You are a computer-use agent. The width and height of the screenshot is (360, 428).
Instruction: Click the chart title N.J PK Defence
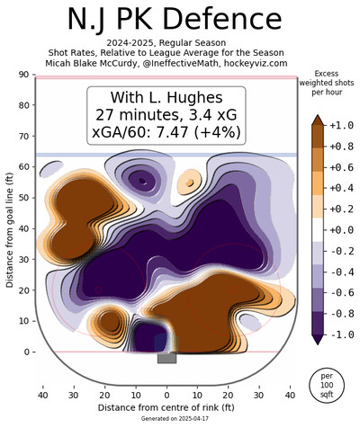click(x=175, y=19)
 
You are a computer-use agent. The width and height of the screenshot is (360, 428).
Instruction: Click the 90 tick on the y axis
click(x=27, y=75)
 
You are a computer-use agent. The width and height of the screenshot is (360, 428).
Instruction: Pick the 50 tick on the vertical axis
click(x=27, y=198)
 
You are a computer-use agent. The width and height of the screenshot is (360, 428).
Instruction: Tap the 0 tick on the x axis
click(x=166, y=396)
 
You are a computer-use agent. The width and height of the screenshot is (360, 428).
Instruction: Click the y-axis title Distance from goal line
click(x=10, y=230)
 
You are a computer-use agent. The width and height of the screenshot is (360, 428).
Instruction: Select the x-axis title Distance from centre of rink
click(x=166, y=407)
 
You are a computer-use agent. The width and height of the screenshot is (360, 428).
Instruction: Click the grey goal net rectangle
click(x=166, y=358)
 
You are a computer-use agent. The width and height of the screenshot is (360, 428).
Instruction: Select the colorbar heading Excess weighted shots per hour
click(x=327, y=83)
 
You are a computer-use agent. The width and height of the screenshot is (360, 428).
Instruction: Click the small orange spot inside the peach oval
click(x=190, y=183)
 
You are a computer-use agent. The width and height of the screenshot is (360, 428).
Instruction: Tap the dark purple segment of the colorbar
click(x=318, y=323)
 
